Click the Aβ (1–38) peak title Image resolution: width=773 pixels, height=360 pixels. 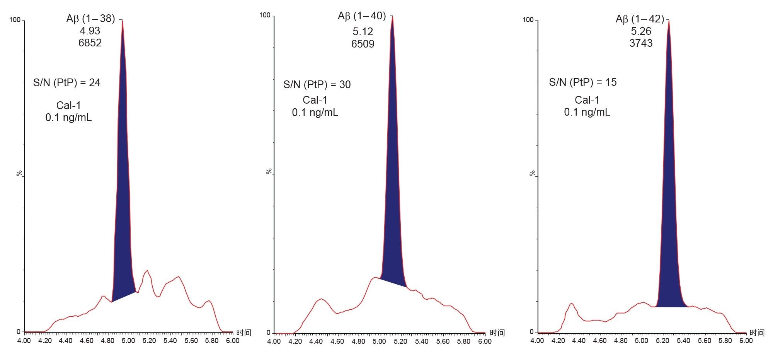[x=91, y=19]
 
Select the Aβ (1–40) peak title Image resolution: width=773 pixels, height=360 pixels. [x=362, y=16]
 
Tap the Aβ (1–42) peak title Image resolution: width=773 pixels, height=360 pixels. [x=640, y=19]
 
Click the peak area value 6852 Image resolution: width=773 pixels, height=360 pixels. [x=90, y=43]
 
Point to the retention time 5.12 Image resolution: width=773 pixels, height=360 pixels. [x=363, y=32]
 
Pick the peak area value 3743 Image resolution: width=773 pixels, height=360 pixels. [x=641, y=43]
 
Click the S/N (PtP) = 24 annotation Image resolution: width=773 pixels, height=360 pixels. [x=67, y=83]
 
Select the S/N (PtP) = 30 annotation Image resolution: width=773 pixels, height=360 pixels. [x=317, y=85]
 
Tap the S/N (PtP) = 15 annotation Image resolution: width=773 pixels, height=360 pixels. [x=583, y=82]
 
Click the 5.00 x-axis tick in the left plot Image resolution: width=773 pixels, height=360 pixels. [x=128, y=341]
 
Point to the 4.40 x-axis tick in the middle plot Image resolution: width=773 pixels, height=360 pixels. [x=316, y=342]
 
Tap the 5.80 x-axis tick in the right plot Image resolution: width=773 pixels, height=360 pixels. [x=725, y=341]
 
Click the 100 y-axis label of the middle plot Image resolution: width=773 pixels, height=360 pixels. [x=265, y=15]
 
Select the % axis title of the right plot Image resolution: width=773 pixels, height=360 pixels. [x=533, y=174]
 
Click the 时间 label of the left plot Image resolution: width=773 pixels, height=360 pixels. [x=244, y=333]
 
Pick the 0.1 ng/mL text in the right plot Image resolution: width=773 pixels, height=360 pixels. [x=587, y=113]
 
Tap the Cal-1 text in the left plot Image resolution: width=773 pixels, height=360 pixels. [x=68, y=106]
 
